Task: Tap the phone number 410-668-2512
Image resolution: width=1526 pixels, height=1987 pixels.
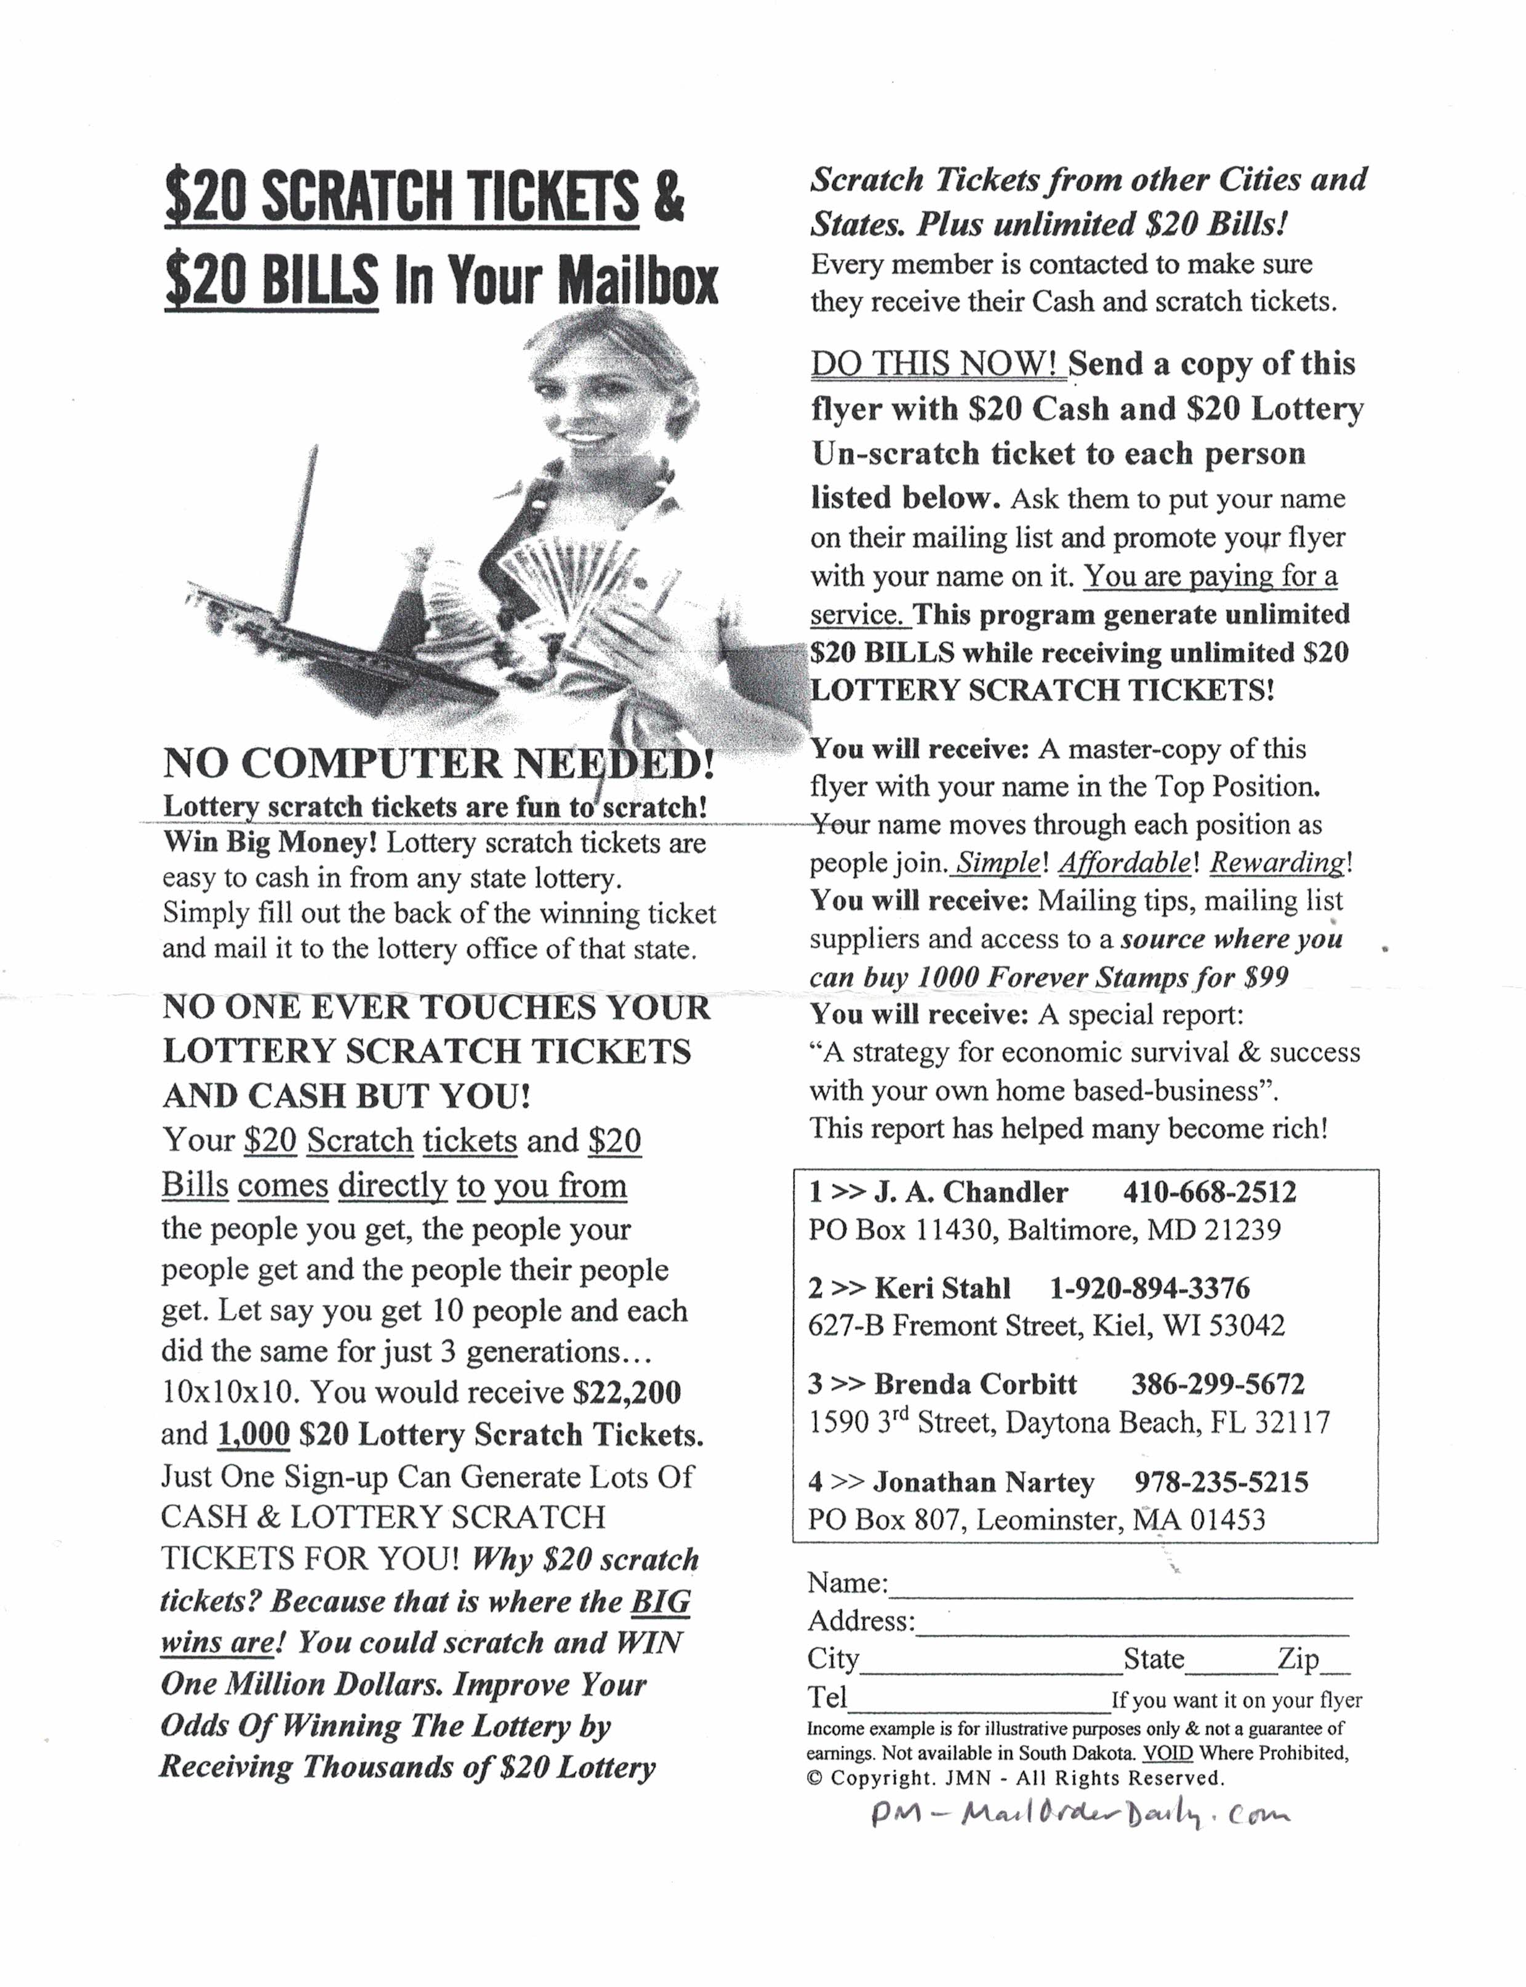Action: [1209, 1191]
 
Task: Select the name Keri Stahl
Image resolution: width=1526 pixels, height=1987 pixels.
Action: [942, 1288]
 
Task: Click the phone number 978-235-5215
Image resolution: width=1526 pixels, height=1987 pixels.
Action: [1221, 1482]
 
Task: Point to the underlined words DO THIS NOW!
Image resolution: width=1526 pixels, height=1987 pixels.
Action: [936, 364]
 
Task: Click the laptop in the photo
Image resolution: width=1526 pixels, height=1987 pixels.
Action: [300, 618]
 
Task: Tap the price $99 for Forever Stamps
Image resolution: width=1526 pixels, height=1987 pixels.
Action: [1266, 977]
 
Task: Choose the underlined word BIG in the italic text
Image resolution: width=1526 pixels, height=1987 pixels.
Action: [661, 1601]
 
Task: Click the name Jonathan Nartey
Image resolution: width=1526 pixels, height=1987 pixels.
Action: [984, 1482]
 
